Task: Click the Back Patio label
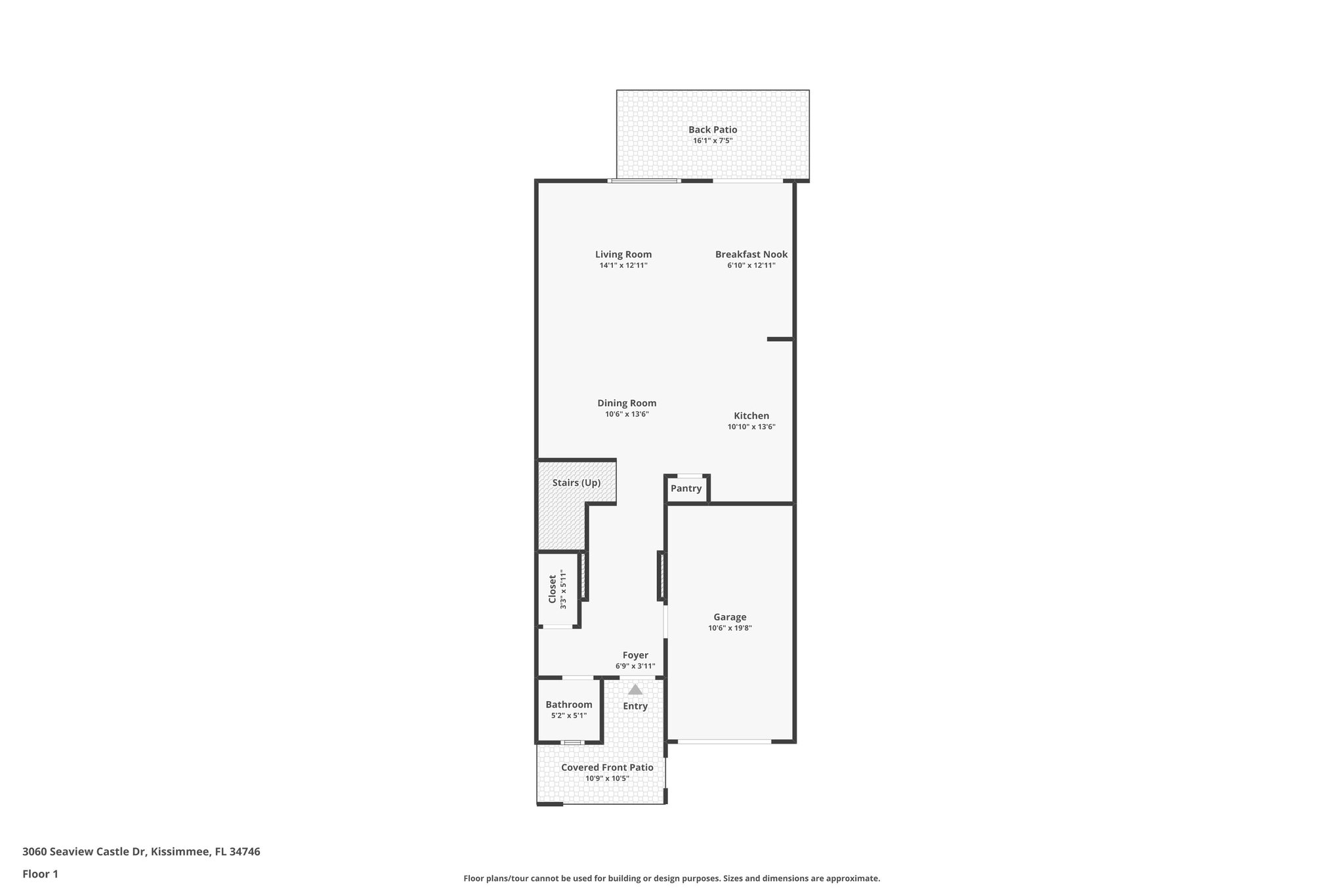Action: click(713, 130)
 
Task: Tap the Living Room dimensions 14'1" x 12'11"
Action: click(623, 266)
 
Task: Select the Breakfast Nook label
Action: click(751, 255)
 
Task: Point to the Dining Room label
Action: click(627, 404)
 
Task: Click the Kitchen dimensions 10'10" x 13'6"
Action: click(751, 427)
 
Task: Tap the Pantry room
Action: click(686, 489)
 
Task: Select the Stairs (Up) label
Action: click(576, 483)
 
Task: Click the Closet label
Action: click(553, 589)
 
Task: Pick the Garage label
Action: click(730, 617)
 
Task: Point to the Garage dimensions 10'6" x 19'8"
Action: click(730, 628)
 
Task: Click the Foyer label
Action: click(635, 656)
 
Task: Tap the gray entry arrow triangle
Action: click(635, 690)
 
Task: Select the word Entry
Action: click(635, 706)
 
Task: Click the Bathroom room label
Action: click(569, 705)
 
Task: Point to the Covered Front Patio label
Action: click(607, 767)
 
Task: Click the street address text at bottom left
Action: click(141, 852)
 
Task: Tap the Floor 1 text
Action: click(41, 874)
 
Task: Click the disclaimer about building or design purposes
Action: click(671, 878)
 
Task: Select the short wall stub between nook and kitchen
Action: click(780, 339)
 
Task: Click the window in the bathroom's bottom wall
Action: click(572, 742)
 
